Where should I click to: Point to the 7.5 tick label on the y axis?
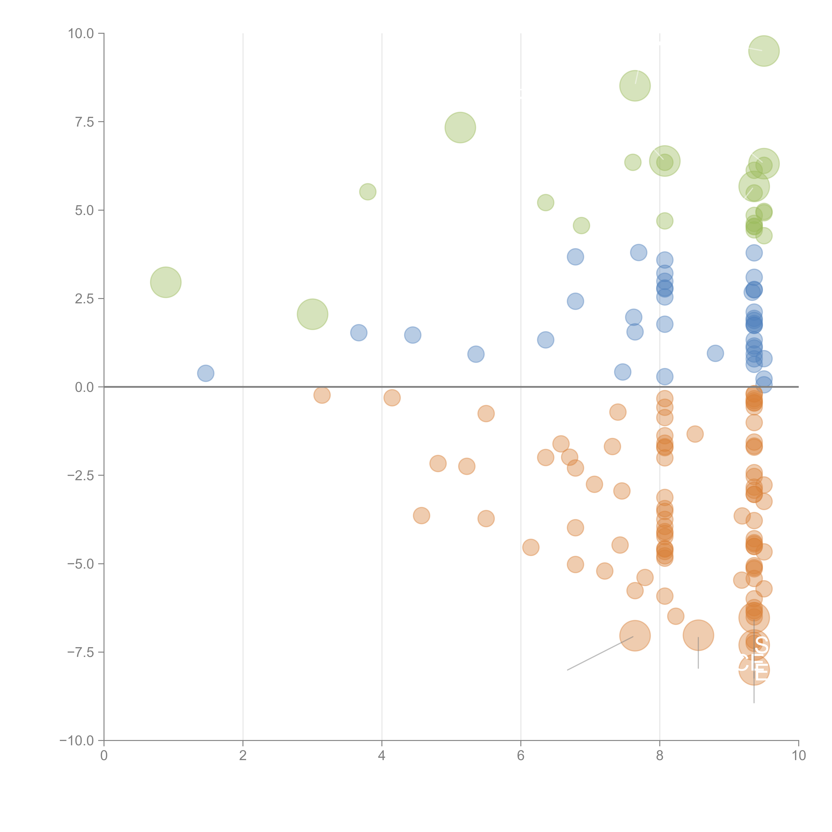(84, 122)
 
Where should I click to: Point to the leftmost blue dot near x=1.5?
(206, 373)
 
